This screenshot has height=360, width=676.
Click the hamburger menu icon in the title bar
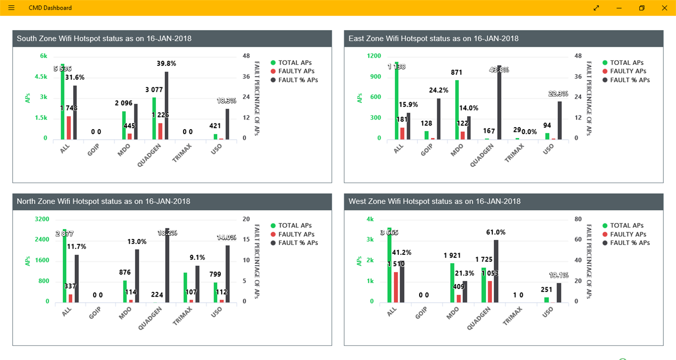(x=11, y=8)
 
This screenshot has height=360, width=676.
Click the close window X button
(x=664, y=8)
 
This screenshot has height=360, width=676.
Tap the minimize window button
(x=619, y=8)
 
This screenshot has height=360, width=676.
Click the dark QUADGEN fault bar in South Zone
(x=166, y=106)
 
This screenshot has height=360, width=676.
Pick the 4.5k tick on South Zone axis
(x=41, y=77)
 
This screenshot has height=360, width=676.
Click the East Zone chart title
(x=433, y=38)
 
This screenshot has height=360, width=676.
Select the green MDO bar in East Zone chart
(x=457, y=110)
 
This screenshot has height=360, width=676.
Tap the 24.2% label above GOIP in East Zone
(x=438, y=90)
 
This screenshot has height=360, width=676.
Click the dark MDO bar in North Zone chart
(x=137, y=276)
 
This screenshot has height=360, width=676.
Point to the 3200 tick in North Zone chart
(x=42, y=219)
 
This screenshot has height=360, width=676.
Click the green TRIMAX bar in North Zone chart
(x=185, y=287)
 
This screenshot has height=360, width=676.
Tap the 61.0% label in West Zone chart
(x=496, y=232)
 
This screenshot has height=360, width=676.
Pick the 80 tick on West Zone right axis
(x=578, y=219)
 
